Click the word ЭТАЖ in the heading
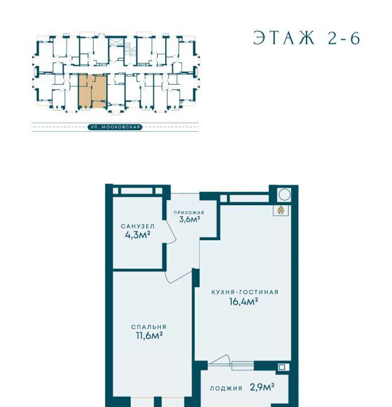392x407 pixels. pos(284,38)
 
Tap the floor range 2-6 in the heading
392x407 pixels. pos(344,38)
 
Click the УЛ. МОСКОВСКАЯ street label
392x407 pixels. pos(115,127)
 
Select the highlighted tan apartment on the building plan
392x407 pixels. pos(92,91)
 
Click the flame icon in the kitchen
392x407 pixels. pos(281,210)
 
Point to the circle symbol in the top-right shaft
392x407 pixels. pos(284,194)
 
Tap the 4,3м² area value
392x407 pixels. pos(138,235)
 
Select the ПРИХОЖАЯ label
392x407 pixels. pos(189,213)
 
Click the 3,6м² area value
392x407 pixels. pos(189,220)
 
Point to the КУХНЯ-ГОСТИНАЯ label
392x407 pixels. pos(245,292)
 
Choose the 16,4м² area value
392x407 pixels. pos(243,302)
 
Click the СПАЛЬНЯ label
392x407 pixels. pos(149,327)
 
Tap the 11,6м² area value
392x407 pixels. pos(149,335)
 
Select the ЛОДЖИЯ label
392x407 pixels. pos(226,388)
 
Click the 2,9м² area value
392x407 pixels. pos(262,388)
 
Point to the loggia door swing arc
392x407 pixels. pos(221,359)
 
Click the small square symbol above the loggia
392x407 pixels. pos(282,367)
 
